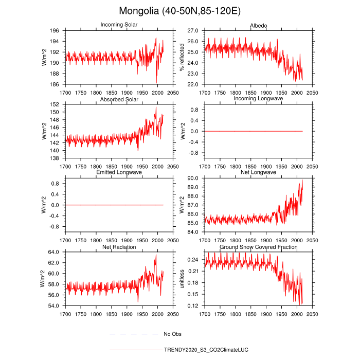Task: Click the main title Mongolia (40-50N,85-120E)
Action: tap(179, 11)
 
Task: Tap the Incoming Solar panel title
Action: tap(119, 25)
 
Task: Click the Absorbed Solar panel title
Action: tap(119, 99)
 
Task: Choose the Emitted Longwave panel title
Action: tap(119, 172)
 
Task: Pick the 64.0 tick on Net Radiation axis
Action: tap(56, 252)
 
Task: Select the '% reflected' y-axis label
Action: tap(182, 57)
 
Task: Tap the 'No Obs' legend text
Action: tap(173, 334)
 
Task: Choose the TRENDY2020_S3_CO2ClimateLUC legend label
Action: tap(206, 350)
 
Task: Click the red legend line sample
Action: tap(135, 350)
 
